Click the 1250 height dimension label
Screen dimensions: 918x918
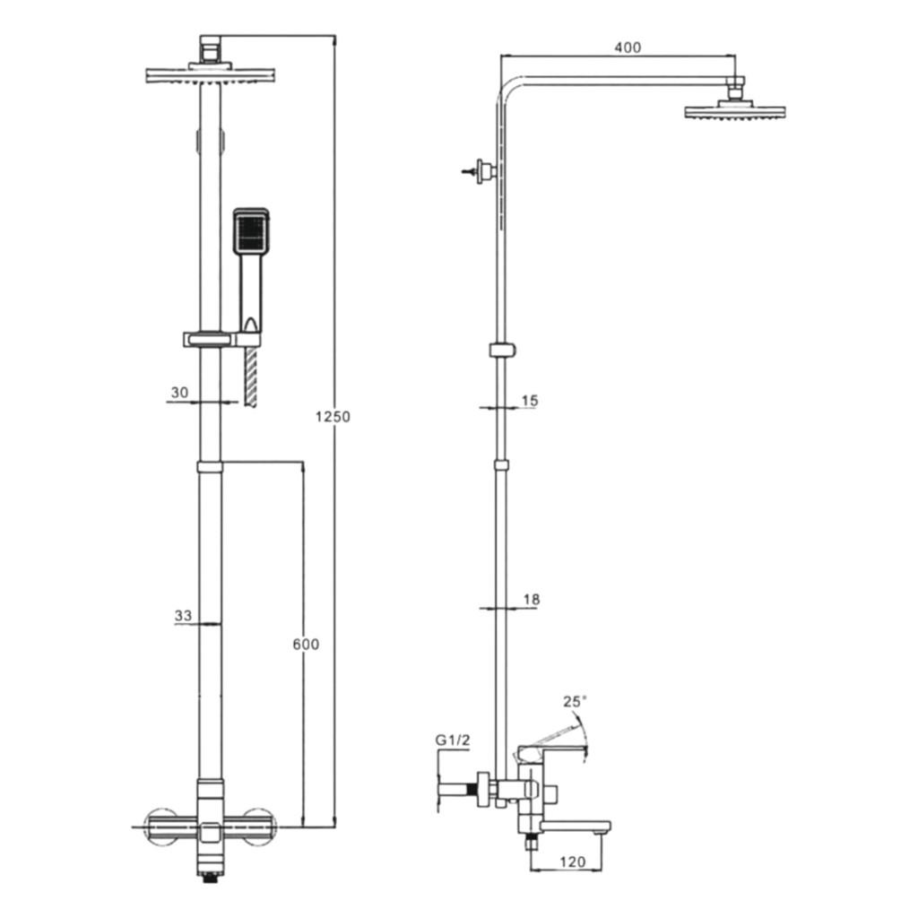(x=333, y=416)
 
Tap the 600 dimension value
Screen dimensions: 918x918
(x=306, y=644)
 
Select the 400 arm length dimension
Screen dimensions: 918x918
(x=628, y=48)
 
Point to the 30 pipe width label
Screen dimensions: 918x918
(x=179, y=393)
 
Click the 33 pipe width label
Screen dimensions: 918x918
(x=183, y=615)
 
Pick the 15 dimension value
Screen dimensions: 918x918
(x=529, y=401)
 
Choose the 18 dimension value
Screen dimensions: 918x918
(x=531, y=600)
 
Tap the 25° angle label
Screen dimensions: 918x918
(x=575, y=701)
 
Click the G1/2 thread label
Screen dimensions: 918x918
(x=453, y=740)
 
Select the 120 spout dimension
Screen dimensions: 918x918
(x=572, y=862)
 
